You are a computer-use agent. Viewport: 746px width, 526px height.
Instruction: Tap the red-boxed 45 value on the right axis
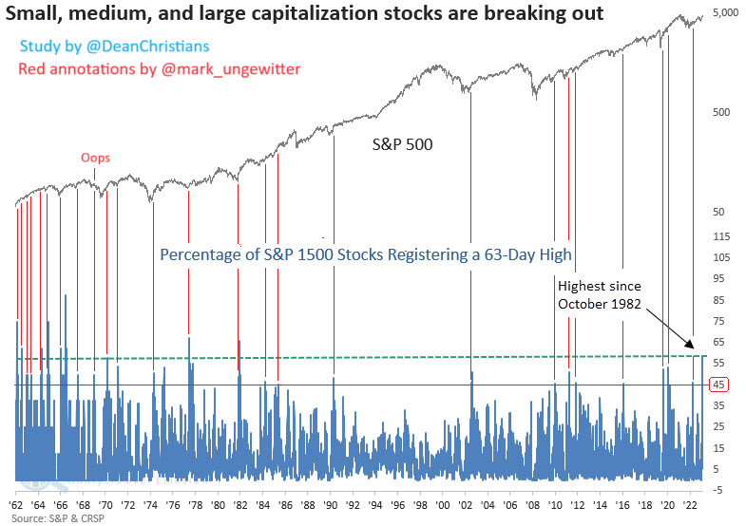[719, 384]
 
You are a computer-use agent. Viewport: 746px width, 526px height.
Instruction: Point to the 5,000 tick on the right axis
[725, 13]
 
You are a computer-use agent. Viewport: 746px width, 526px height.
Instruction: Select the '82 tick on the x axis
[240, 505]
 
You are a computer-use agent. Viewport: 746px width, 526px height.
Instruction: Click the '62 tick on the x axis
[16, 505]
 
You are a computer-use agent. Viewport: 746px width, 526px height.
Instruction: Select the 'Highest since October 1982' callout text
[600, 294]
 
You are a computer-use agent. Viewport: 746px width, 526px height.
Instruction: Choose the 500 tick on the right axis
[721, 112]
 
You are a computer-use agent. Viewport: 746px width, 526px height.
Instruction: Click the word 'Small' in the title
[32, 14]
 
